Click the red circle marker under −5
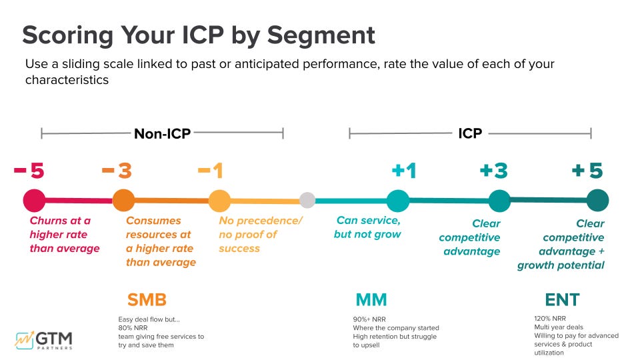[x=34, y=200]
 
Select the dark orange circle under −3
[x=123, y=200]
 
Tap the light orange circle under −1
[x=219, y=200]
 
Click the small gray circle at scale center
[x=307, y=200]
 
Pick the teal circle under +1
[x=398, y=200]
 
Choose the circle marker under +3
[x=499, y=201]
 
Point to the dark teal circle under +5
[x=597, y=201]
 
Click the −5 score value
[x=29, y=171]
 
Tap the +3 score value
[x=493, y=171]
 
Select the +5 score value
[x=587, y=171]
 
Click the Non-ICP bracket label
[x=162, y=134]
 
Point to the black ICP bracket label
[x=470, y=134]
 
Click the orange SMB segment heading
[x=147, y=300]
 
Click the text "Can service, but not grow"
[x=367, y=227]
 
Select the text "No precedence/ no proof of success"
[x=261, y=234]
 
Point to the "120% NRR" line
[x=551, y=319]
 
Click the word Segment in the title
[x=321, y=35]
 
